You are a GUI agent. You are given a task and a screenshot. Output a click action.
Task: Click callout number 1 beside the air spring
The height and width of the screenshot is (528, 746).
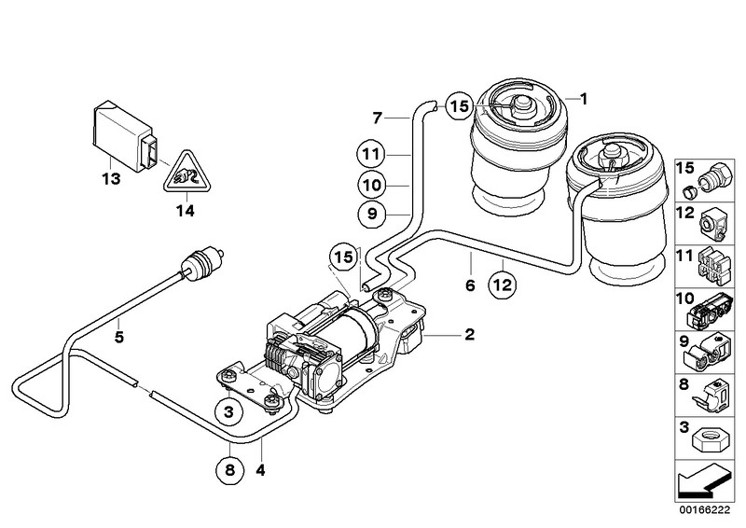coord(583,98)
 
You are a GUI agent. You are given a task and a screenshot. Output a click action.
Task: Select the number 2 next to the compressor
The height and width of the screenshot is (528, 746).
coord(470,334)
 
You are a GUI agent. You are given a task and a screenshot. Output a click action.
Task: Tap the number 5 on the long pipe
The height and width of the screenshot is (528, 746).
coord(119,337)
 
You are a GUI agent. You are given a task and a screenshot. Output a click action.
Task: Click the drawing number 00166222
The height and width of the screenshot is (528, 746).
coord(701,513)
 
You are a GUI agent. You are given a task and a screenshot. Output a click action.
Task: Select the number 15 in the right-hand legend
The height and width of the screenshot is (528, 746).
coord(684,168)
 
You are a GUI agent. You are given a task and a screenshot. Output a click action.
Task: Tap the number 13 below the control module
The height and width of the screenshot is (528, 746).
coord(111,178)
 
